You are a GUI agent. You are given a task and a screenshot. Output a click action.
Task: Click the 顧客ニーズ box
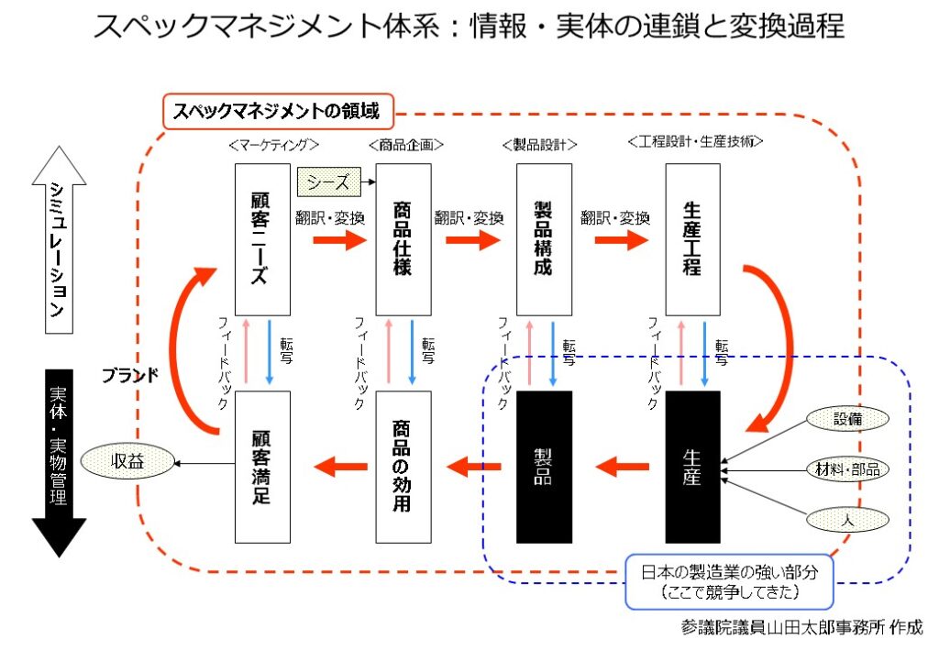coord(262,239)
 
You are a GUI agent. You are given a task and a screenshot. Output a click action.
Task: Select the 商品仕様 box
coord(403,239)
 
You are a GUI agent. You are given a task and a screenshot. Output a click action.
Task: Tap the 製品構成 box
coord(544,239)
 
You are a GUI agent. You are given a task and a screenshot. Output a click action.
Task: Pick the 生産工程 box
coord(693,239)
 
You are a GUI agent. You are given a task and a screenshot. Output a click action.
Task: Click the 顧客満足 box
coord(262,468)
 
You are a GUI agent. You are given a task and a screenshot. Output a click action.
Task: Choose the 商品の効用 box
coord(403,468)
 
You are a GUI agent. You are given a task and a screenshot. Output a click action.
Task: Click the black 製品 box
coord(544,468)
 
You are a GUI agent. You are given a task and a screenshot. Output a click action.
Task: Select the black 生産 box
coord(693,468)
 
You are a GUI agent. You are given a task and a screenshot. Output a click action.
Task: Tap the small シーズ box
coord(329,182)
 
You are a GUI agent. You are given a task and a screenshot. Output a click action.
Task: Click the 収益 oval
coord(127,461)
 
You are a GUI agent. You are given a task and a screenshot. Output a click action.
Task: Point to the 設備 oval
coord(847,418)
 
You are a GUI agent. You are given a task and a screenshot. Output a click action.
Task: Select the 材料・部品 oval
coord(847,469)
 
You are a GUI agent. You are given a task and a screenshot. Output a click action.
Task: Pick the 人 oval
coord(847,520)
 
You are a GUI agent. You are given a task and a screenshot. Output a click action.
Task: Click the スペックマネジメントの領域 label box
coord(279,111)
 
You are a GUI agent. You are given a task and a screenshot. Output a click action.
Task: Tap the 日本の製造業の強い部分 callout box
coord(729,582)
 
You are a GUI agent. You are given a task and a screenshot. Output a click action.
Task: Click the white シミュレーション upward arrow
coord(60,239)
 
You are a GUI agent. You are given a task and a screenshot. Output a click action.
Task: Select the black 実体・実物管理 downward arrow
coord(60,464)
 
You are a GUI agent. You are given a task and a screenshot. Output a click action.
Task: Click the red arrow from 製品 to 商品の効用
coord(474,467)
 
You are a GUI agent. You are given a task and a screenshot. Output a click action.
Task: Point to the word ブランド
coord(130,375)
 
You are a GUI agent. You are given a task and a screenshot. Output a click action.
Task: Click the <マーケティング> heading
coord(273,145)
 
